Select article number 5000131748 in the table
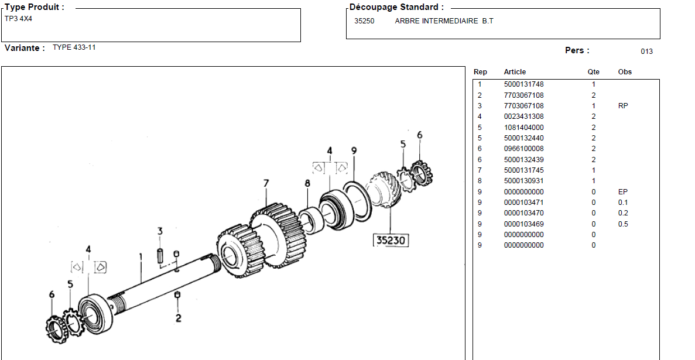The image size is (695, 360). point(523,84)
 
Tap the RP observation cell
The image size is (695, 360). point(623,106)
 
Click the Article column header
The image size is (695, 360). point(515,72)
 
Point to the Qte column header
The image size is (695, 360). point(593,72)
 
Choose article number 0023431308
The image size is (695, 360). point(523,116)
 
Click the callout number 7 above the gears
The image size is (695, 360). point(266,184)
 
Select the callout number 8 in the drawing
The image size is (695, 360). point(307,184)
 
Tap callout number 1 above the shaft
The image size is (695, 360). point(141,256)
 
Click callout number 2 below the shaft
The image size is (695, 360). point(178,318)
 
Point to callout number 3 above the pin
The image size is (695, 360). point(160,232)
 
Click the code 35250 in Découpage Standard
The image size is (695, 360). point(364,21)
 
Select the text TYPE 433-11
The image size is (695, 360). point(74,47)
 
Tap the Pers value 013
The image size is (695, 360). point(646,52)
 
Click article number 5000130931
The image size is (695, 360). point(523,181)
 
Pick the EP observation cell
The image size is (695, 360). point(622,192)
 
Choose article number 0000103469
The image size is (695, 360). point(523,224)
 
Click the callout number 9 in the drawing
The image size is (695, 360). point(354,151)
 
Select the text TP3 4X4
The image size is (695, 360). point(19,18)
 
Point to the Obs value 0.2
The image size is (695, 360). point(622,214)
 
